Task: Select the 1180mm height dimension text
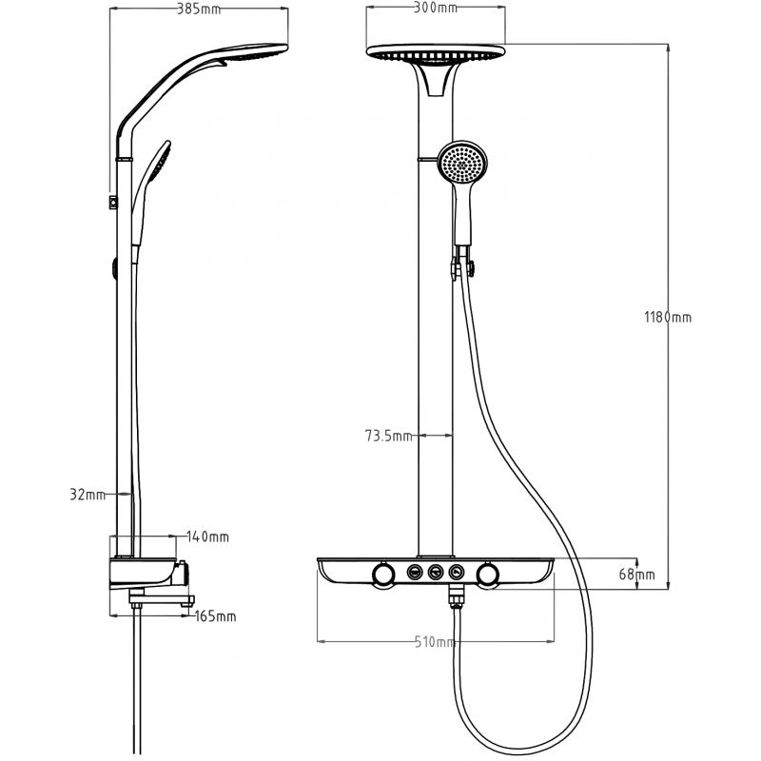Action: (667, 317)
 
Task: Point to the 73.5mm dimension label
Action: (388, 437)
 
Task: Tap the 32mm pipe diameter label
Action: (87, 495)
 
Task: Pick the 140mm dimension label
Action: (207, 537)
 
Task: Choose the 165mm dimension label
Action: (215, 616)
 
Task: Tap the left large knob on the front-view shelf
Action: (383, 575)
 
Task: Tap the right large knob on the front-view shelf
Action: (489, 575)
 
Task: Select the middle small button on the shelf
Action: (437, 572)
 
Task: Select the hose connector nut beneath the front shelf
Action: (456, 598)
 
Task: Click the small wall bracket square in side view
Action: (113, 201)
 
